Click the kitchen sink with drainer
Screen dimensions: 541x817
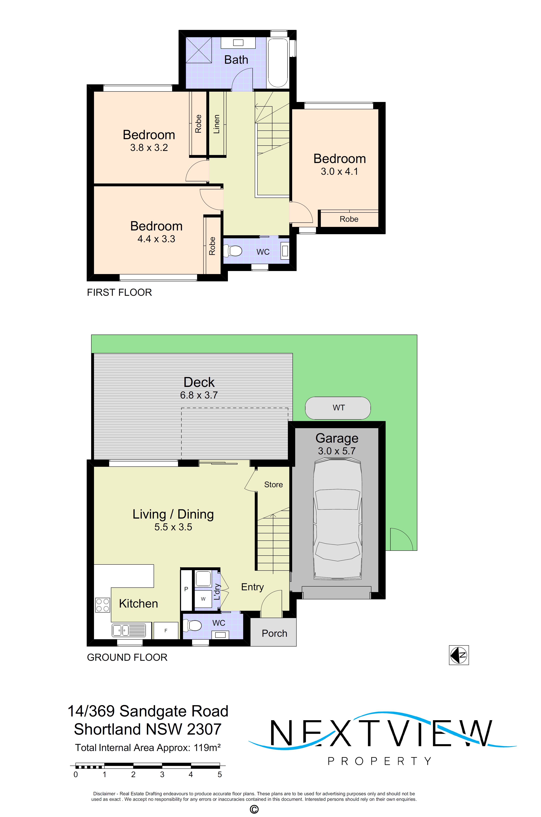point(129,630)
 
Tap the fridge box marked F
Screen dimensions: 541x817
point(166,631)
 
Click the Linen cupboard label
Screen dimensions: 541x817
point(216,124)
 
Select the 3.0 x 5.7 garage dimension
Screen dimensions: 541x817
point(337,451)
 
